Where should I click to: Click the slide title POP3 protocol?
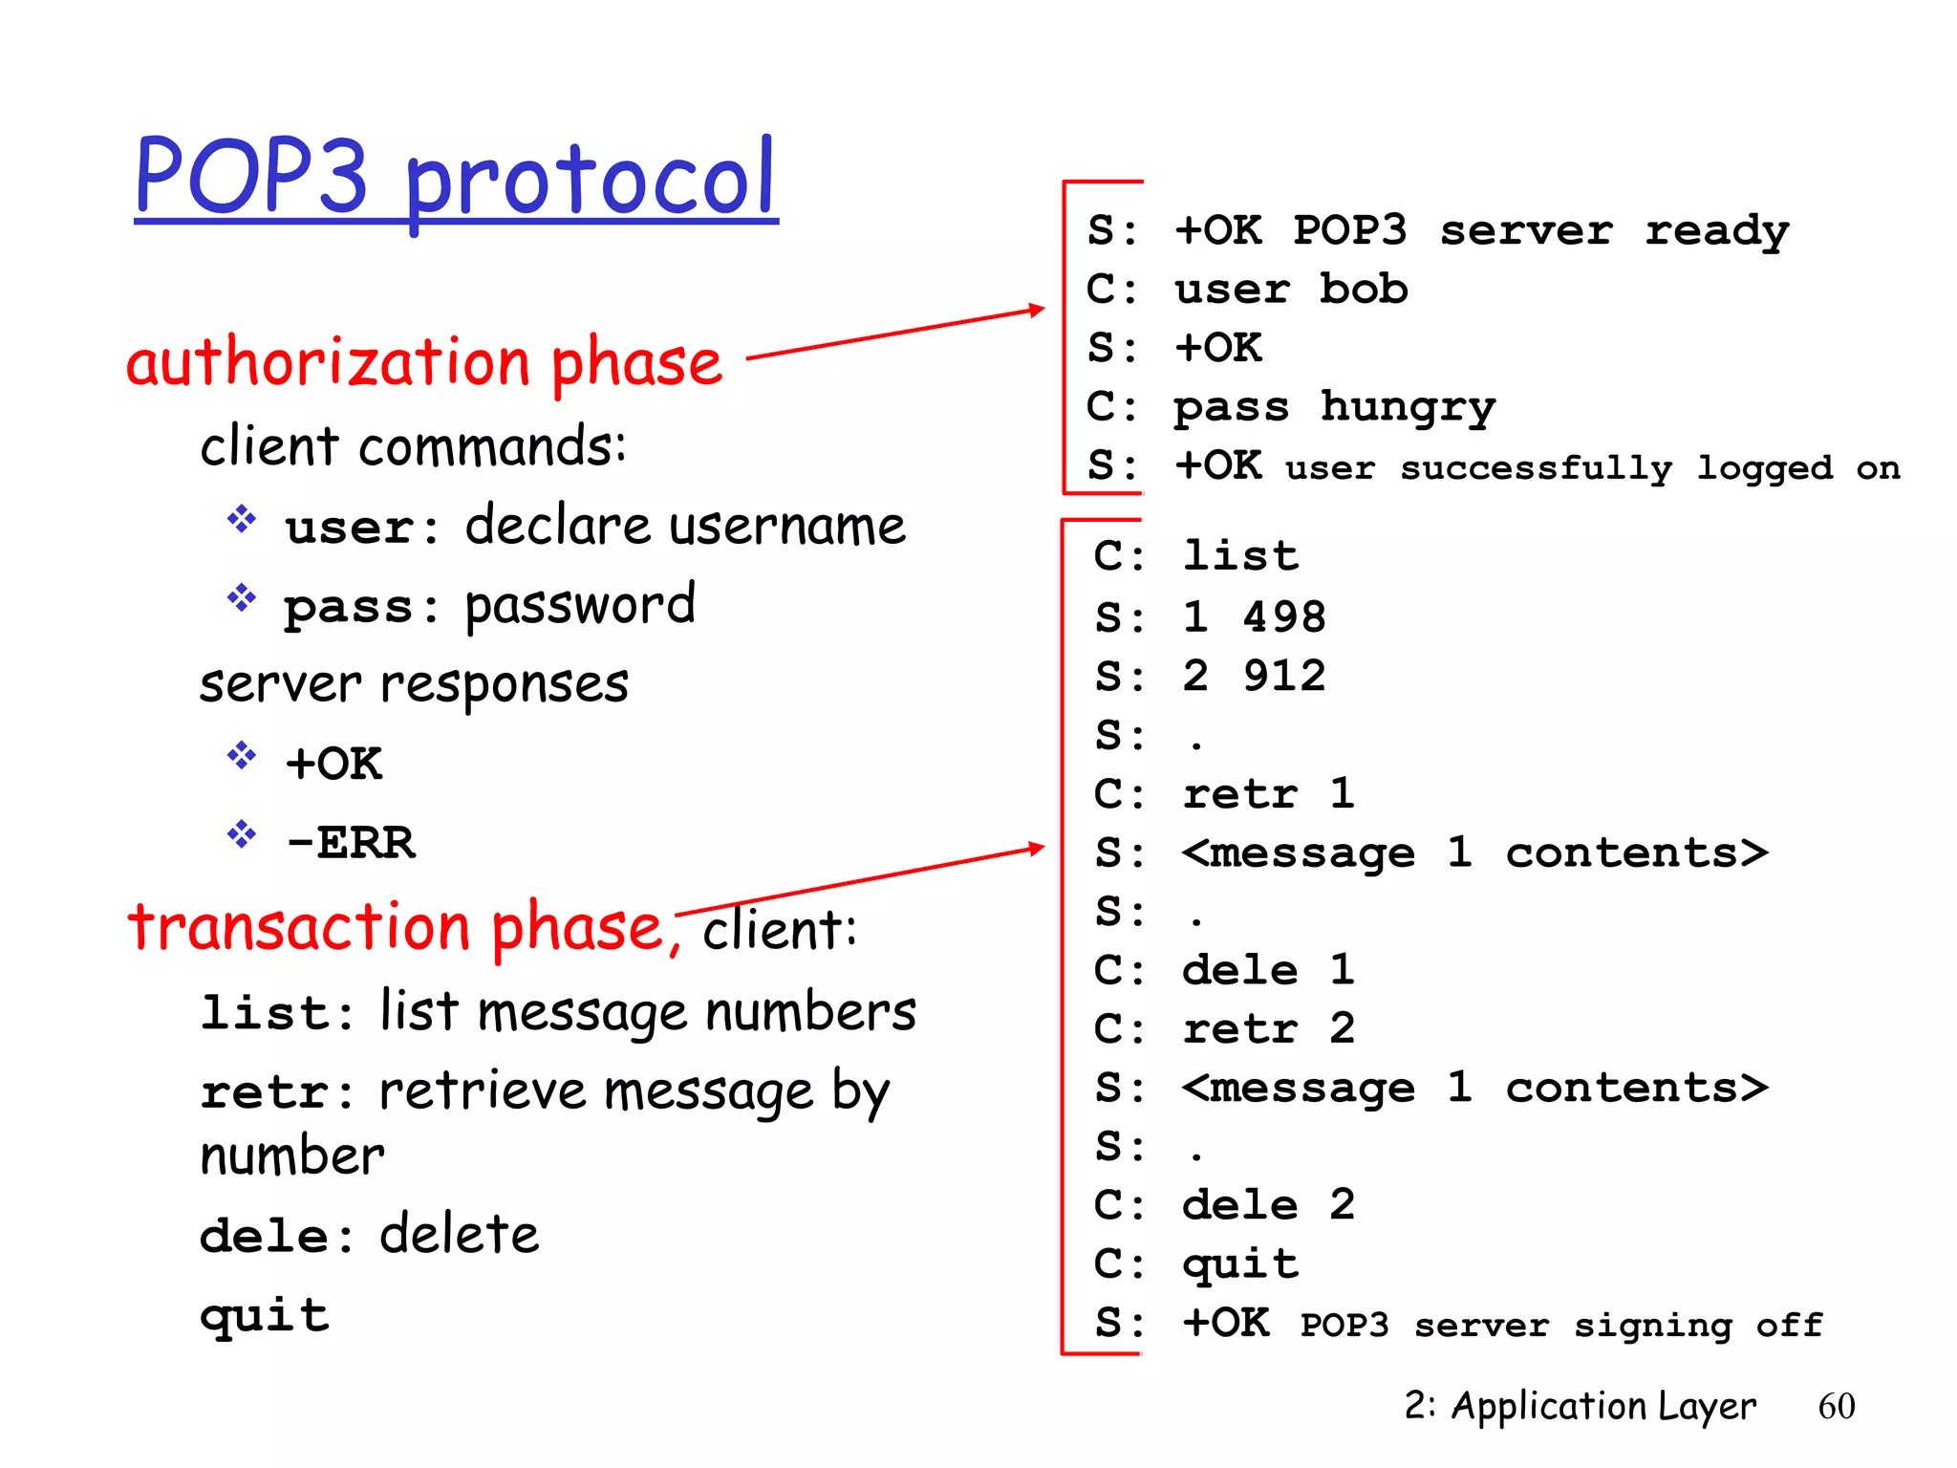[455, 177]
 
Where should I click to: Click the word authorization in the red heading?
[328, 363]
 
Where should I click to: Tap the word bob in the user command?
[1363, 289]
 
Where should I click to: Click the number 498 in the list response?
[1284, 616]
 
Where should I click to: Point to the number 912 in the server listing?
[1284, 676]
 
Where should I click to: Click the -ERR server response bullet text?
[351, 842]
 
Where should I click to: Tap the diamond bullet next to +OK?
[242, 757]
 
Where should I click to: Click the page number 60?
[1836, 1406]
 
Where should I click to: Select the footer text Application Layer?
[1602, 1406]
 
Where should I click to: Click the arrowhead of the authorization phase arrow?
[1037, 310]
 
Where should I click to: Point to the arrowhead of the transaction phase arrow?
[1037, 848]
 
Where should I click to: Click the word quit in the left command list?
[265, 1316]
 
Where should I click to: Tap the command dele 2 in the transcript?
[1268, 1204]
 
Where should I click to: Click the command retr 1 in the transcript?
[1268, 793]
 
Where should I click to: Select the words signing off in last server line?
[1697, 1325]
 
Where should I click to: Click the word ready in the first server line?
[1716, 231]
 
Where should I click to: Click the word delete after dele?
[460, 1234]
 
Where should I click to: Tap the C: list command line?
[1196, 556]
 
